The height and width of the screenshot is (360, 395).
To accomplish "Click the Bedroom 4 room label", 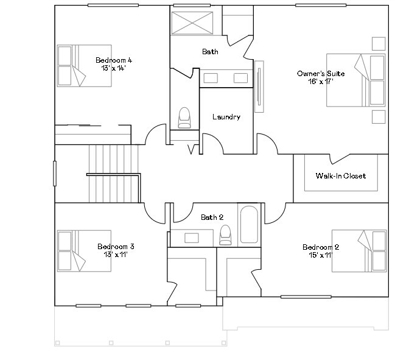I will point(114,60).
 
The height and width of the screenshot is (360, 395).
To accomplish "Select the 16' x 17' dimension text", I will point(321,81).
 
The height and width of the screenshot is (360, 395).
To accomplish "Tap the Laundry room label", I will point(226,117).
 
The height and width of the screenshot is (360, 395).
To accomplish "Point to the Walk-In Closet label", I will point(340,176).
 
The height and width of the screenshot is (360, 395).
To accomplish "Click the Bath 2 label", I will point(212,217).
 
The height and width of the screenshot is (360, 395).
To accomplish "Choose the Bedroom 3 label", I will point(116,247).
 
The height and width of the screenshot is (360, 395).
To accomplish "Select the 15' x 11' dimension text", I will point(321,255).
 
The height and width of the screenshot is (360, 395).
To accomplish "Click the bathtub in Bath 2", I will point(248,225).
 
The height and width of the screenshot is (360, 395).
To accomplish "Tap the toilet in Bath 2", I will point(225,234).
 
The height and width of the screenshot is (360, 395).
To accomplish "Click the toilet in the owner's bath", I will point(184,118).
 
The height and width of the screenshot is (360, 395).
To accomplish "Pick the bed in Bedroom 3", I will point(84,250).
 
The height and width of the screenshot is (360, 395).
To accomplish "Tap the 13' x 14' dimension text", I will point(114,68).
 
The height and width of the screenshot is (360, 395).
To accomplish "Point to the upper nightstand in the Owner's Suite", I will point(378,43).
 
